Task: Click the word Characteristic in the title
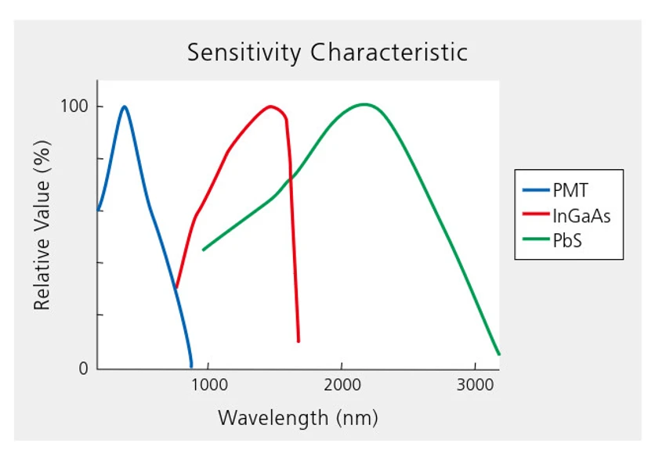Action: click(x=389, y=53)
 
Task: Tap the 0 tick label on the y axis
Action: click(x=83, y=369)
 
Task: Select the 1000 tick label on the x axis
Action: click(x=208, y=384)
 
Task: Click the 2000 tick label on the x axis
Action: click(x=341, y=384)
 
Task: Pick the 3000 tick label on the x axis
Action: click(x=475, y=384)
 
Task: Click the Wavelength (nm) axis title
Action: click(x=298, y=417)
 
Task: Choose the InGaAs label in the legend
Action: click(x=581, y=215)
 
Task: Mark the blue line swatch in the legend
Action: click(x=537, y=189)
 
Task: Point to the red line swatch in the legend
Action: click(x=537, y=215)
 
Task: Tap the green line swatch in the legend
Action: click(x=537, y=240)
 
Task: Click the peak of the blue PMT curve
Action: click(x=124, y=106)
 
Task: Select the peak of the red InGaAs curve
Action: click(x=271, y=106)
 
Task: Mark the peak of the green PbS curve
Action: click(x=364, y=104)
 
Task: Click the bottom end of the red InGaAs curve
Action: click(x=299, y=341)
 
